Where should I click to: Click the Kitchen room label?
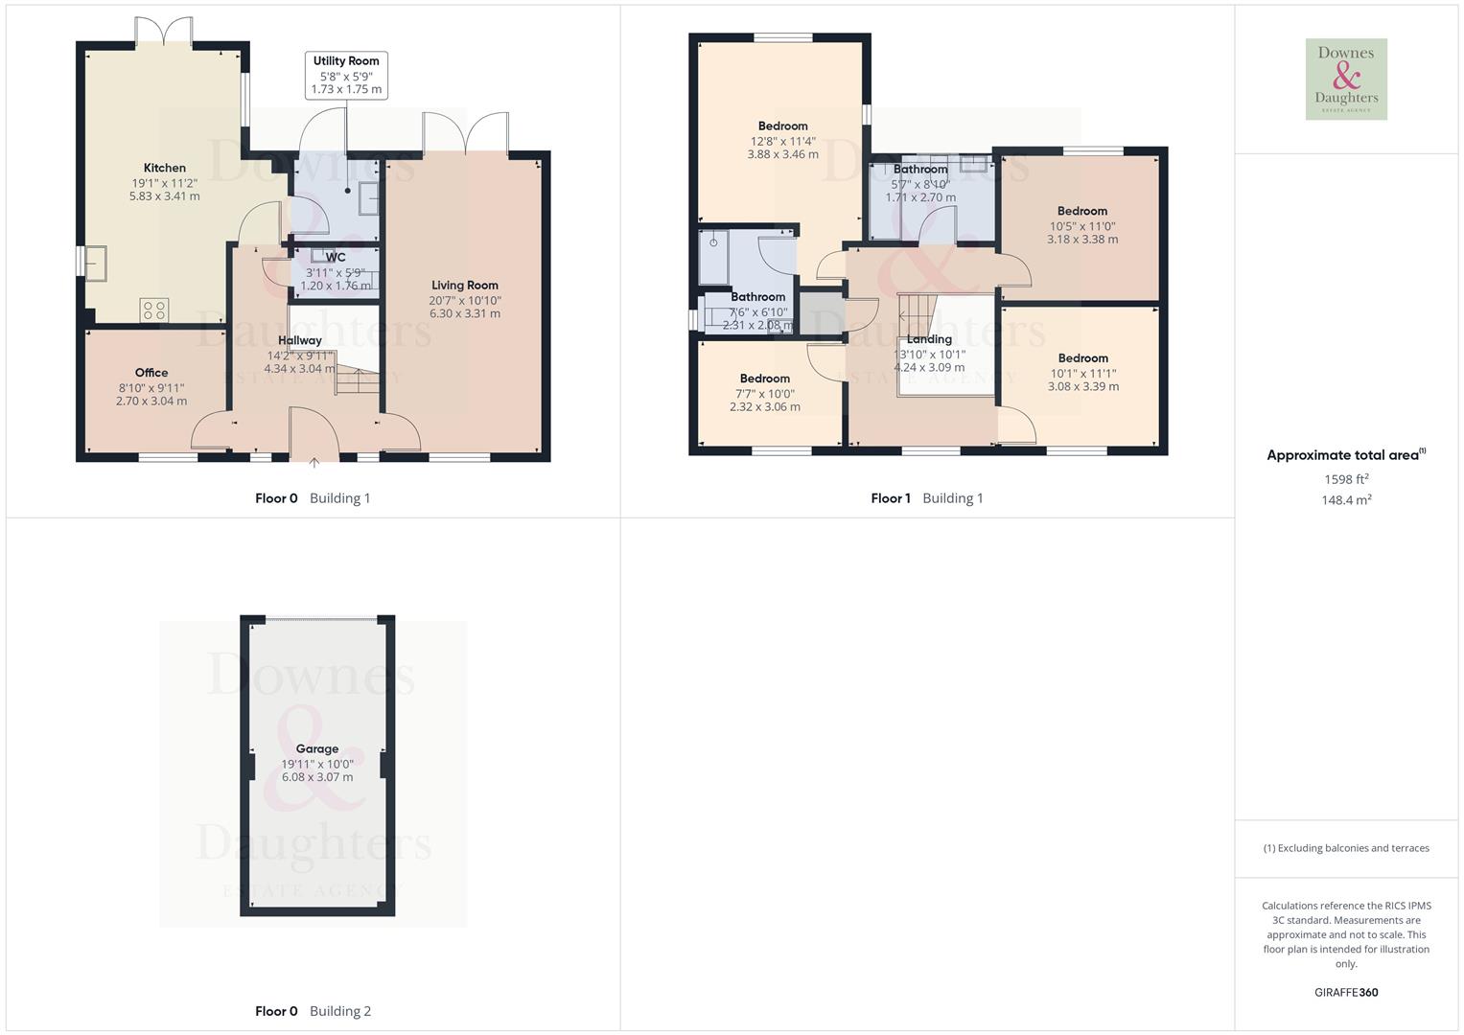click(165, 168)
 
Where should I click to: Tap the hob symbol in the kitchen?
click(154, 310)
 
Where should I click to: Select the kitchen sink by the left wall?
click(96, 263)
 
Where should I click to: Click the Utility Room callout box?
click(346, 75)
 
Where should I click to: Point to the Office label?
click(151, 373)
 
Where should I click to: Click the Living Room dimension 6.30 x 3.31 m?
click(465, 313)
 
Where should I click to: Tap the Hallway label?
click(300, 340)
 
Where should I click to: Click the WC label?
click(336, 257)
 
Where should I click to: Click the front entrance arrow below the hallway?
click(314, 464)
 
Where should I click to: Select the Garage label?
click(317, 748)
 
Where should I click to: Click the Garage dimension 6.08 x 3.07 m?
click(317, 777)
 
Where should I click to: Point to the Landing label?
click(929, 339)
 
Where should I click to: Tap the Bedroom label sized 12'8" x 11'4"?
click(782, 126)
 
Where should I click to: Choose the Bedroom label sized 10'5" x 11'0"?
click(1082, 211)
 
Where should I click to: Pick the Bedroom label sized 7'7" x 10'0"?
click(765, 379)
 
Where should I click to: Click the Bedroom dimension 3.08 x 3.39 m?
click(1083, 387)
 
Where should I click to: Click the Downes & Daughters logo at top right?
click(1346, 80)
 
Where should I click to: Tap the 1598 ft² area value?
click(1346, 479)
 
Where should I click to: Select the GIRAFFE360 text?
click(1346, 992)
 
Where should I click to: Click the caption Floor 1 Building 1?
click(927, 498)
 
